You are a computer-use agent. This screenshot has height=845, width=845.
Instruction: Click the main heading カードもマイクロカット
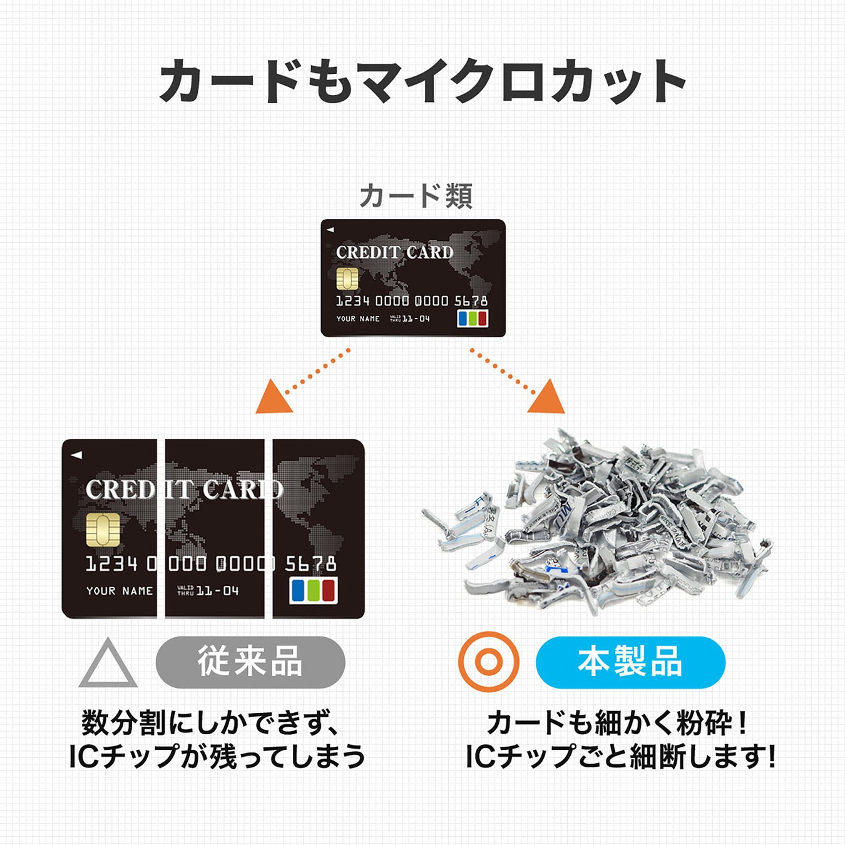point(422,81)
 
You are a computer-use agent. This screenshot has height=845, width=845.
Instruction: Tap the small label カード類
point(416,196)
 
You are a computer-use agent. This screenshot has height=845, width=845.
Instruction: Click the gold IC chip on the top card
point(347,279)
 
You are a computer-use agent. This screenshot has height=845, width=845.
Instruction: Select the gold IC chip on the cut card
point(103,530)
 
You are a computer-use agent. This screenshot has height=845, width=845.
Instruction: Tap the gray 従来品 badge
point(250,662)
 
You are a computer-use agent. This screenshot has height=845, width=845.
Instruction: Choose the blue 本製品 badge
point(630,662)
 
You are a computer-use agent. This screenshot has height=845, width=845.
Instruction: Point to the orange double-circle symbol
point(489,662)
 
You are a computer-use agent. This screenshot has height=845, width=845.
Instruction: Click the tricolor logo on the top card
point(473,319)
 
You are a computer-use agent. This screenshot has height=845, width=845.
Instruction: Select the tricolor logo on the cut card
point(314,590)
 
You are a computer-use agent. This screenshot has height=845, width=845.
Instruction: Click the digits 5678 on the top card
point(471,301)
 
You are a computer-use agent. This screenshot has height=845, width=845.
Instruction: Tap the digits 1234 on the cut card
point(111,564)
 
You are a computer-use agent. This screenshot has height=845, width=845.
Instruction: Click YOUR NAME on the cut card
point(120,591)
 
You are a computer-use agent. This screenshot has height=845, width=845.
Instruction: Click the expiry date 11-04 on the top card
point(416,319)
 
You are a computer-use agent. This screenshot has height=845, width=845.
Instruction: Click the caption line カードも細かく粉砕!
point(617,723)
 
